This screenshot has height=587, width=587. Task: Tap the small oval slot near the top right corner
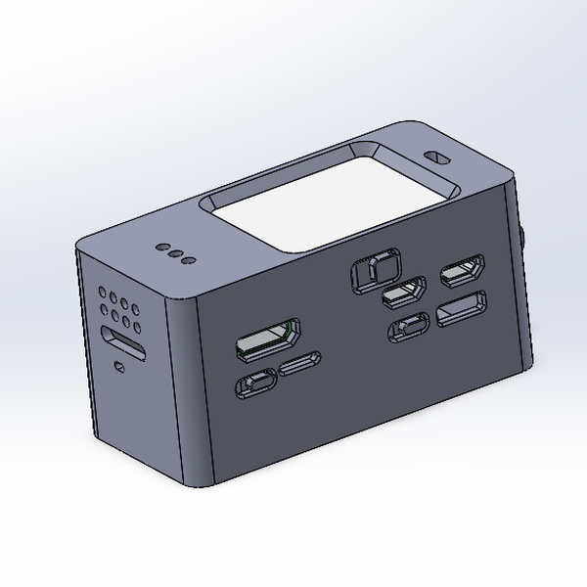click(436, 157)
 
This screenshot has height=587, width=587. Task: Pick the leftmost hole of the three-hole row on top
click(163, 248)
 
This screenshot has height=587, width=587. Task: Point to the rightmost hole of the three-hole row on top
click(189, 260)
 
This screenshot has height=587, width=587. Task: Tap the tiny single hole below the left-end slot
click(119, 367)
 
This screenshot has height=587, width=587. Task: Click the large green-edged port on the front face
click(267, 339)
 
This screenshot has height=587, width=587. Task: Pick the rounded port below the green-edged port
click(256, 384)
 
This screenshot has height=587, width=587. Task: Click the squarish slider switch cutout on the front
click(374, 270)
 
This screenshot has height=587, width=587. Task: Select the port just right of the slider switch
click(403, 292)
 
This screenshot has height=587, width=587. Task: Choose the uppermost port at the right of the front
click(463, 273)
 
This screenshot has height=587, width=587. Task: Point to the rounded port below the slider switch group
click(408, 329)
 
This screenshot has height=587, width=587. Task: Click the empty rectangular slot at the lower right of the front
click(461, 310)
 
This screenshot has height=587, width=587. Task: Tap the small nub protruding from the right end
click(524, 240)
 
